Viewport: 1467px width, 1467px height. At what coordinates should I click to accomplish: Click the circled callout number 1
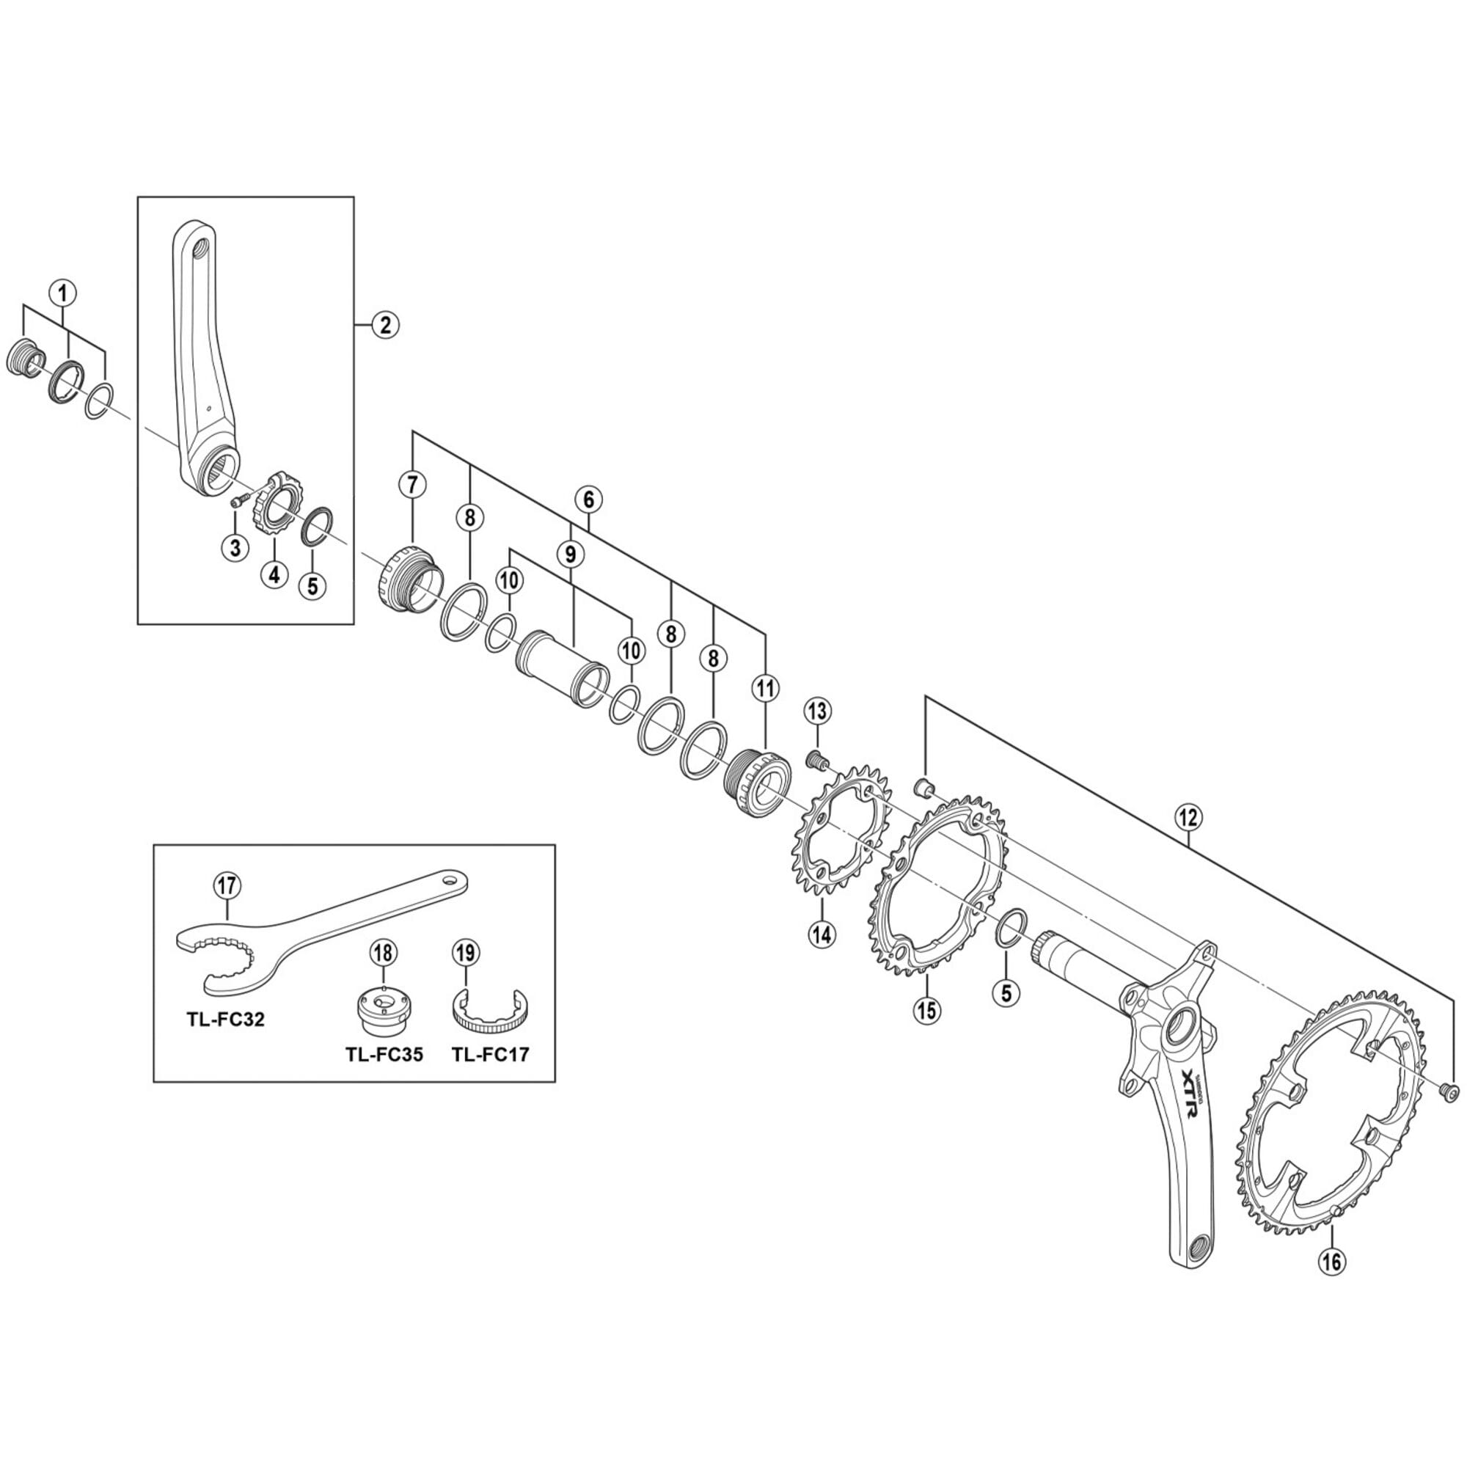(x=63, y=290)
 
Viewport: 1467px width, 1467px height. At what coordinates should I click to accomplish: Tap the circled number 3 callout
(x=235, y=546)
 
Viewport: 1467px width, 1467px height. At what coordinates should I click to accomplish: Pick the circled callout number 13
(x=817, y=711)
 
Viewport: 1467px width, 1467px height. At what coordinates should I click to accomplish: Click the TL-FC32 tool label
(x=225, y=1019)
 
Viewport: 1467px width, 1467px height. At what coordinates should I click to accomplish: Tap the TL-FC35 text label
(x=384, y=1055)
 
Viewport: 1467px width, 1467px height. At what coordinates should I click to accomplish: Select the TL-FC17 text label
(x=490, y=1055)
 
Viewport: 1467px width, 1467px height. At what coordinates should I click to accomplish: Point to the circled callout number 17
(x=227, y=885)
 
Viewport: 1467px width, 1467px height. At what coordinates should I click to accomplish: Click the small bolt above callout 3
(x=240, y=500)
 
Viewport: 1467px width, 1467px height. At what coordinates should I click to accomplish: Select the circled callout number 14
(x=822, y=934)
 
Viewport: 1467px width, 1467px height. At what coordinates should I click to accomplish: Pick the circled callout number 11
(x=764, y=688)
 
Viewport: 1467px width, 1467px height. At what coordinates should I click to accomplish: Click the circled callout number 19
(x=467, y=951)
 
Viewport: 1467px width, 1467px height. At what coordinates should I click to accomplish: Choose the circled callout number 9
(x=571, y=555)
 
